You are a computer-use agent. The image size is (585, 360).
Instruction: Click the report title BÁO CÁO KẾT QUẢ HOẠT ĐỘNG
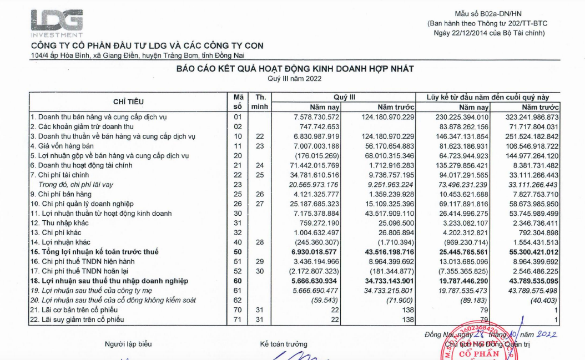point(295,68)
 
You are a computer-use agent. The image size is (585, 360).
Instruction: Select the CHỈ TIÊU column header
point(128,102)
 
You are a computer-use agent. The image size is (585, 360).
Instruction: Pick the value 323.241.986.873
point(527,117)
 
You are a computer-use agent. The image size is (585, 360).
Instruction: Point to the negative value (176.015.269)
point(316,156)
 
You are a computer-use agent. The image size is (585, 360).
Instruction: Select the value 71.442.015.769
point(312,165)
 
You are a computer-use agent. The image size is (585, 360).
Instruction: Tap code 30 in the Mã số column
point(238,214)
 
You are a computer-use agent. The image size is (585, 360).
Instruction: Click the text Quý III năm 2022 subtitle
point(294,79)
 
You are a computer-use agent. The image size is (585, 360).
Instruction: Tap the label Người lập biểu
point(128,344)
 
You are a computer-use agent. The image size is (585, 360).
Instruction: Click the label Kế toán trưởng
point(283,344)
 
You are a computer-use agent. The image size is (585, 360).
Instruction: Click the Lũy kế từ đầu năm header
point(491,97)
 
